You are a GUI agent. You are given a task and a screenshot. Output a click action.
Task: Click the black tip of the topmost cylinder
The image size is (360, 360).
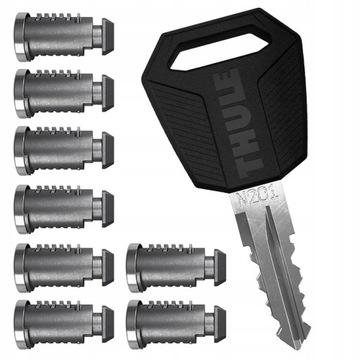107,38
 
